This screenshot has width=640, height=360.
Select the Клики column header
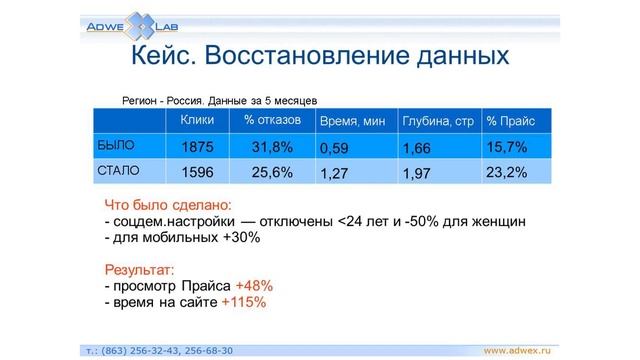coord(196,120)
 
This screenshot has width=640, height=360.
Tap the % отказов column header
coord(267,120)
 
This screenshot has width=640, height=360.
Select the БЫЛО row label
coord(115,145)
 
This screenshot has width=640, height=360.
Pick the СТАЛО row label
coord(117,171)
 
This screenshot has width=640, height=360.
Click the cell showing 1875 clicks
coord(197,147)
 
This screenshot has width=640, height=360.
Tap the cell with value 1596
coord(197,172)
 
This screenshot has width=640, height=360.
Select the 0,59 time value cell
coord(335,149)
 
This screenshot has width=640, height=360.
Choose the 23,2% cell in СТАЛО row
coord(506,172)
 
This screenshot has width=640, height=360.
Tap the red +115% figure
coord(244,302)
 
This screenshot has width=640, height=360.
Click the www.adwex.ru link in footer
coord(519,350)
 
